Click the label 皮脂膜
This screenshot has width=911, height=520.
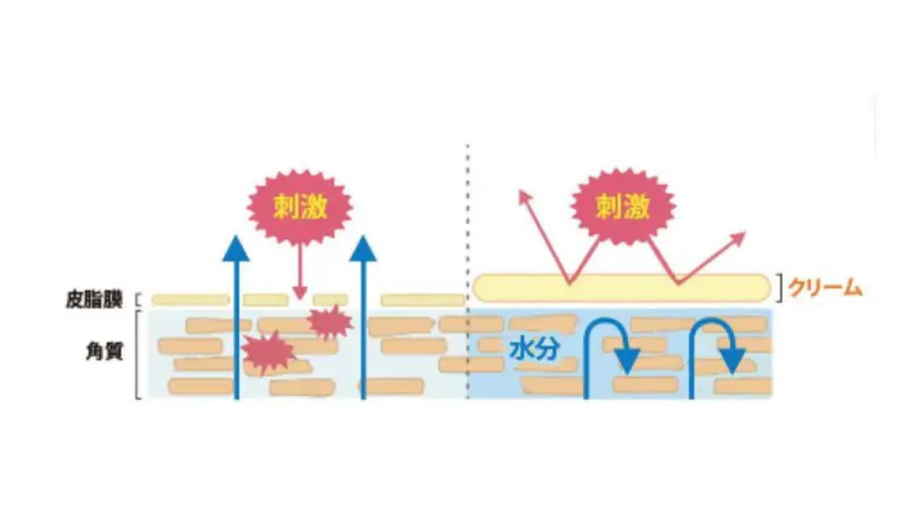coord(94,300)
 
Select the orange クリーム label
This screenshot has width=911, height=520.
coord(825,289)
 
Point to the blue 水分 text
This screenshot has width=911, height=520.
coord(534,349)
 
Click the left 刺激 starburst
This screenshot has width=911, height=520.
coord(300,207)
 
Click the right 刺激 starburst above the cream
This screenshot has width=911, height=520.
coord(623,206)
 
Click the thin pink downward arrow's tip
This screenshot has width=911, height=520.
coord(300,298)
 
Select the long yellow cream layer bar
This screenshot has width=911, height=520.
coord(622,288)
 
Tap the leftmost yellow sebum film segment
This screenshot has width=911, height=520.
coord(190,300)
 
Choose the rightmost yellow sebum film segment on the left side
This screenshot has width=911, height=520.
coord(423,300)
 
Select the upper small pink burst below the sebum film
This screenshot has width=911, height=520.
coord(330,322)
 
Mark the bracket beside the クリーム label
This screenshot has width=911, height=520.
coord(779,288)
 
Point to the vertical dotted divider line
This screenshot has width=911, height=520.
coord(468,271)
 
